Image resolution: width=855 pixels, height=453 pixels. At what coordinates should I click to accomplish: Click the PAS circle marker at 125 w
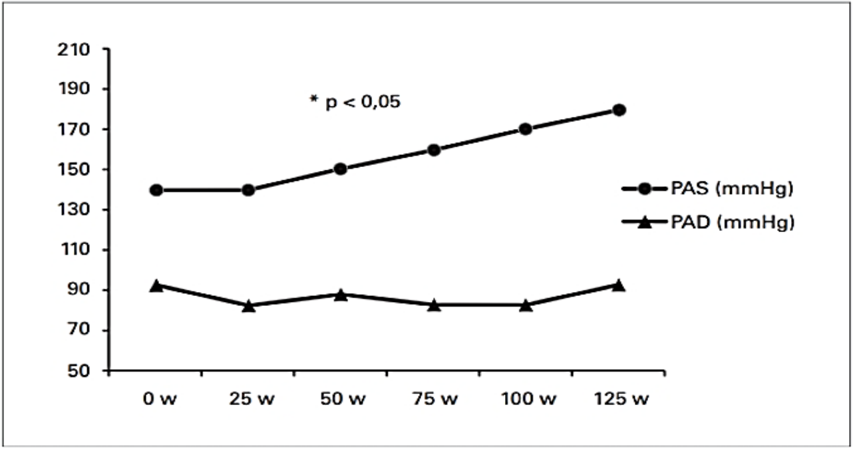(x=619, y=110)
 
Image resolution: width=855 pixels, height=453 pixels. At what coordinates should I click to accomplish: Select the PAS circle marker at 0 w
(x=156, y=190)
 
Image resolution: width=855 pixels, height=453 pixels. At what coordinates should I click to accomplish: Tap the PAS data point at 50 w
(x=341, y=169)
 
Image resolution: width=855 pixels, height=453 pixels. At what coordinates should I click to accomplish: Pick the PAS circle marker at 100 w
(x=526, y=129)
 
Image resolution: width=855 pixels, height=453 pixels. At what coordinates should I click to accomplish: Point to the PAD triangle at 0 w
(x=156, y=285)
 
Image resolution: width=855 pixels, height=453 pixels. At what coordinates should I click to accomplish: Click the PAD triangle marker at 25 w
(x=248, y=306)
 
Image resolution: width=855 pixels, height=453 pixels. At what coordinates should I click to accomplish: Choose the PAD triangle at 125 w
(x=619, y=285)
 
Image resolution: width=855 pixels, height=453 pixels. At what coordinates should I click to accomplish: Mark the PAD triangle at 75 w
(x=434, y=305)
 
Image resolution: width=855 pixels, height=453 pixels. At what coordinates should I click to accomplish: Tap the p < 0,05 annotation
(x=355, y=102)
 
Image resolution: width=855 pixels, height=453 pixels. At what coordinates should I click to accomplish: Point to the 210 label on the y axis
(x=74, y=50)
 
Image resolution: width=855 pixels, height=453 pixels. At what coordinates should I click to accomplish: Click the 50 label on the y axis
(x=79, y=371)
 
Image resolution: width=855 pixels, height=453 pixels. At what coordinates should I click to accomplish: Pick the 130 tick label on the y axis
(x=74, y=210)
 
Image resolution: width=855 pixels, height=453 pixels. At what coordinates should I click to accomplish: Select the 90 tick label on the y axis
(x=79, y=289)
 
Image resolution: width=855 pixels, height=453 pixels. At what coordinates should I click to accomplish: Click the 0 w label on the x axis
(x=160, y=399)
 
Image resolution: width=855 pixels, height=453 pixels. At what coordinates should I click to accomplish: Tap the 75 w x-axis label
(x=435, y=399)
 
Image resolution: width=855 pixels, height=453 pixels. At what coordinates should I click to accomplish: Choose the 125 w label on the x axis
(x=621, y=399)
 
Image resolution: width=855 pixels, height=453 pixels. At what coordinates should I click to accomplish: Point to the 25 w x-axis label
(x=252, y=399)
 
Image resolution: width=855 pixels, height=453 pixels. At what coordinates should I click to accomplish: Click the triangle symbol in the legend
(x=645, y=222)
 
